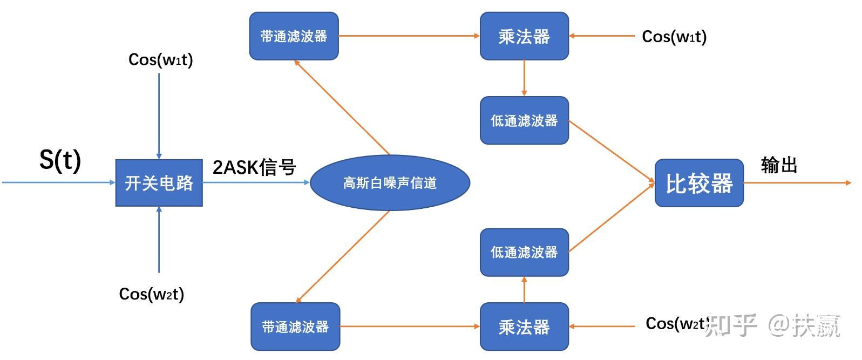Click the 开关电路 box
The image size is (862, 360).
tap(159, 183)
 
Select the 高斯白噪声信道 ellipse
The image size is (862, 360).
tap(390, 183)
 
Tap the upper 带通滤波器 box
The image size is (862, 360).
tap(294, 36)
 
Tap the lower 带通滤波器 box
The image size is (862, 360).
tap(295, 327)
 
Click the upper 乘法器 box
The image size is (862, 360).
tap(524, 36)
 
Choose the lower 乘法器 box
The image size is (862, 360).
tap(524, 327)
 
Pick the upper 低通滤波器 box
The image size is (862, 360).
tap(524, 120)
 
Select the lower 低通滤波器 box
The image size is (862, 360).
tap(524, 252)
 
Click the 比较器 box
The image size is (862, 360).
tap(699, 183)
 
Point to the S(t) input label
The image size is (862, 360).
tap(60, 160)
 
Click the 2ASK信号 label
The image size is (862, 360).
tap(254, 167)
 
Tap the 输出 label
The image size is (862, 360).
tap(779, 165)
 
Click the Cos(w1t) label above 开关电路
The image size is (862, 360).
tap(160, 59)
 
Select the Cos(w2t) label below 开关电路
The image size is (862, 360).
tap(152, 294)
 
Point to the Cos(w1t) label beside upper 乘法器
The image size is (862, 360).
tap(674, 37)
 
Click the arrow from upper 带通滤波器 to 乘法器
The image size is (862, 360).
tap(409, 36)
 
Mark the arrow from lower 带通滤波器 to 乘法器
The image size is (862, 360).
tap(410, 327)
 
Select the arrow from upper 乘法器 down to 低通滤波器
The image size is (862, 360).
tap(524, 78)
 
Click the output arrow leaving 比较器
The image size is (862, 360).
tap(797, 183)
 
